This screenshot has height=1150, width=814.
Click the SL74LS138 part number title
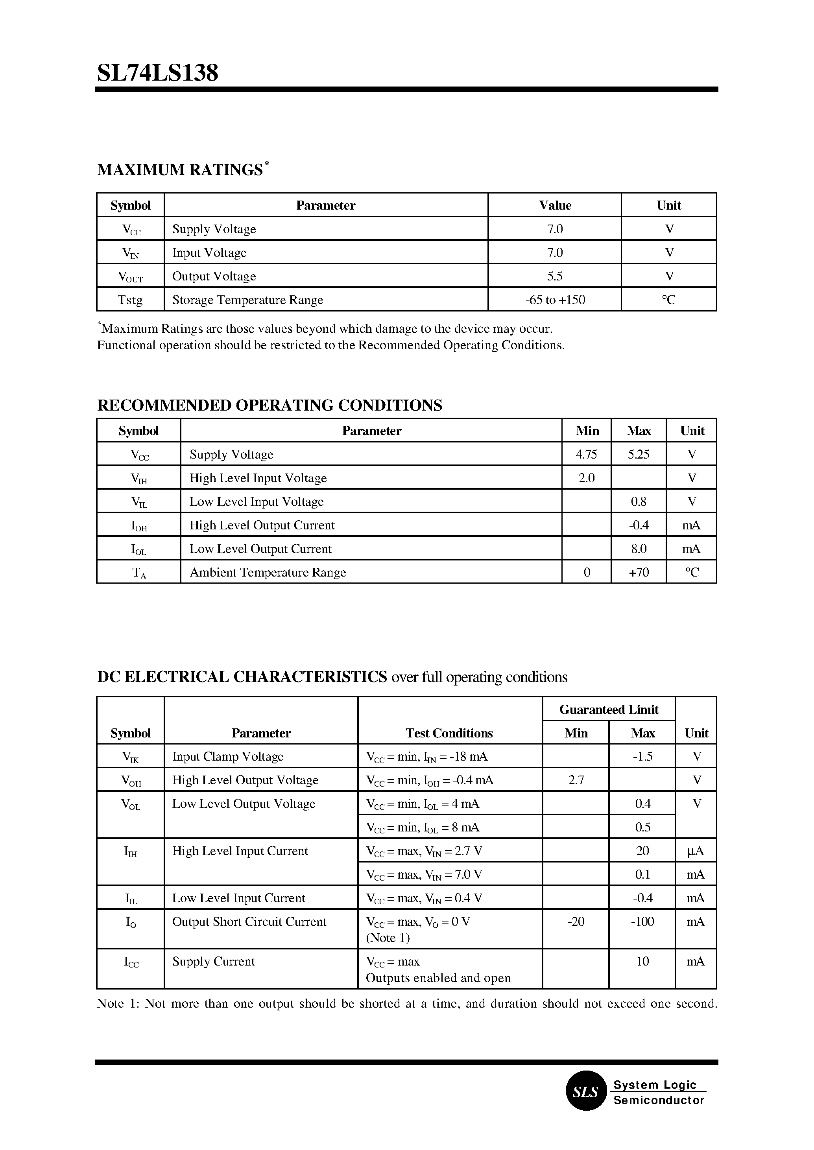[157, 74]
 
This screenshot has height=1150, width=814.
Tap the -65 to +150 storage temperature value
[555, 300]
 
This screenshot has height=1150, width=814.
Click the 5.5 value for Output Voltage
[555, 276]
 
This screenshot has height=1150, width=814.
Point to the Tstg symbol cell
[130, 300]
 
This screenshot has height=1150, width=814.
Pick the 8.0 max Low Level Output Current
[639, 549]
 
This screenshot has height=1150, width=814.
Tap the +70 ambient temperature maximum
[639, 572]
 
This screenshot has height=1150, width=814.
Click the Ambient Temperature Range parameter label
[268, 572]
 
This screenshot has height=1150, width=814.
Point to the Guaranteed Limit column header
[609, 710]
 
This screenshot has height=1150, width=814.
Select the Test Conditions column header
[449, 733]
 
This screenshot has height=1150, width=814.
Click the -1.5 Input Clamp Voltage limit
[642, 757]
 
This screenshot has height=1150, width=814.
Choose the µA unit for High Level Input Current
[696, 851]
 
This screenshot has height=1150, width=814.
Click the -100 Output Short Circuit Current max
[642, 921]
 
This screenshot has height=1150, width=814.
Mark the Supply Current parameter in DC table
[214, 961]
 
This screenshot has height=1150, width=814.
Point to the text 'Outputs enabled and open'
[438, 978]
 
